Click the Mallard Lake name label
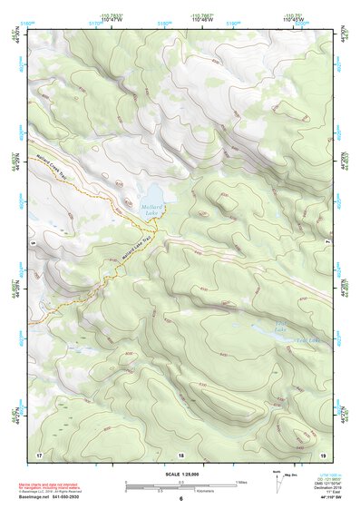[x=151, y=210]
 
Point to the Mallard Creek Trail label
[x=56, y=166]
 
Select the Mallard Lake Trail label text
[x=138, y=245]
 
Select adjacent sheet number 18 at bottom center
[x=180, y=454]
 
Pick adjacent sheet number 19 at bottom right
[x=322, y=454]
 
